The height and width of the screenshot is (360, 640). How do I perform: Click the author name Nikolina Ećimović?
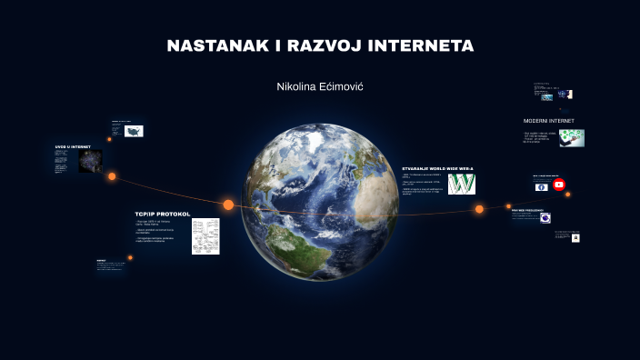click(x=320, y=86)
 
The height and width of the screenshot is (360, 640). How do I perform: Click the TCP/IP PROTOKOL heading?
click(x=163, y=215)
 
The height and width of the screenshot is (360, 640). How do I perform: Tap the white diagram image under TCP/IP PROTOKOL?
click(x=205, y=235)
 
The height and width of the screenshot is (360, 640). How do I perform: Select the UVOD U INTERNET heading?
click(x=73, y=146)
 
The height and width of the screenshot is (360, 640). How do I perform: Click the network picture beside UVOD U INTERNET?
click(x=90, y=162)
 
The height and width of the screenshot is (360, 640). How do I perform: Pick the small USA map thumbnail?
click(x=134, y=131)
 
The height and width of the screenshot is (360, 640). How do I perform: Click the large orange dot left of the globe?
click(x=228, y=205)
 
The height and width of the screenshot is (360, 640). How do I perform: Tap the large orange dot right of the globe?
click(x=479, y=209)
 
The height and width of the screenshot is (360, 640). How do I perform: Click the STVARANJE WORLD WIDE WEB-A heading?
click(x=438, y=168)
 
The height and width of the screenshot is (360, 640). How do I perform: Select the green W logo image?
click(x=462, y=185)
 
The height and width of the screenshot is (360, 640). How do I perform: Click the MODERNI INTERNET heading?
click(x=549, y=121)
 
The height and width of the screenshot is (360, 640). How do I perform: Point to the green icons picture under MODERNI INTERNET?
click(x=572, y=137)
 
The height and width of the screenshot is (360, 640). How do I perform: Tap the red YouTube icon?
click(x=559, y=185)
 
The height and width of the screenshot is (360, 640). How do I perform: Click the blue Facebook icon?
click(x=542, y=186)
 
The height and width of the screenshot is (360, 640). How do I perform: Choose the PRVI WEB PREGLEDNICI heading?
click(x=529, y=210)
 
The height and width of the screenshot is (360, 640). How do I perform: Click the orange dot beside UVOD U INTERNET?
click(x=112, y=176)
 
